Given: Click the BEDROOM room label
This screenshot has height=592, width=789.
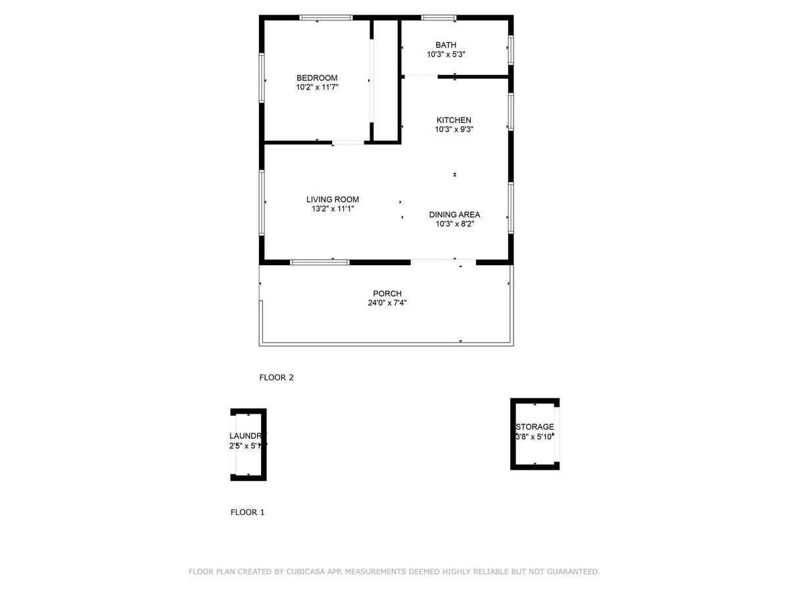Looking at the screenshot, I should tap(317, 78).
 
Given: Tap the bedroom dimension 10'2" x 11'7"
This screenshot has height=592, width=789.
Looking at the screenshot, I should tap(317, 87).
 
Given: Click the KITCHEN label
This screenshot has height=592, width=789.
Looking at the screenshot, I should tap(454, 120).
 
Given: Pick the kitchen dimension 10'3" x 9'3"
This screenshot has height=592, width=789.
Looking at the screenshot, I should tap(454, 130).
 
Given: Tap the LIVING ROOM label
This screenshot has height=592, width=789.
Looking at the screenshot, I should tap(333, 199).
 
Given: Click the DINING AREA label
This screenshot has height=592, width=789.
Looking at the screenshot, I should tap(454, 214).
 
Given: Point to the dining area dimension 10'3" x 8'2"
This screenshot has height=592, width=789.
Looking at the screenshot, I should tap(454, 224).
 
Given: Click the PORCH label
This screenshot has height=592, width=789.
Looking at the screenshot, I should tap(387, 293).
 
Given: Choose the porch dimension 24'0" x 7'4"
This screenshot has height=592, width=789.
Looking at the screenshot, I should tap(387, 303).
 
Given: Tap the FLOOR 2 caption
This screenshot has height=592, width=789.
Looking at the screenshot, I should tap(276, 378).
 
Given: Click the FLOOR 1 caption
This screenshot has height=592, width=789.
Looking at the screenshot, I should tap(247, 512).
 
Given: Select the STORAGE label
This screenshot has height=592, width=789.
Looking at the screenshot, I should tap(535, 427).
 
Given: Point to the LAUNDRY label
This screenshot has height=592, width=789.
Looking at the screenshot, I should tap(248, 436).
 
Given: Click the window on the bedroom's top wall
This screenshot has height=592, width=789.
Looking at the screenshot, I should tap(326, 18).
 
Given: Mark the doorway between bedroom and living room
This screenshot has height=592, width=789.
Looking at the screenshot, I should tap(348, 142).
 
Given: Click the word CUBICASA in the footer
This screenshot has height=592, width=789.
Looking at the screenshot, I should tap(306, 572).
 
